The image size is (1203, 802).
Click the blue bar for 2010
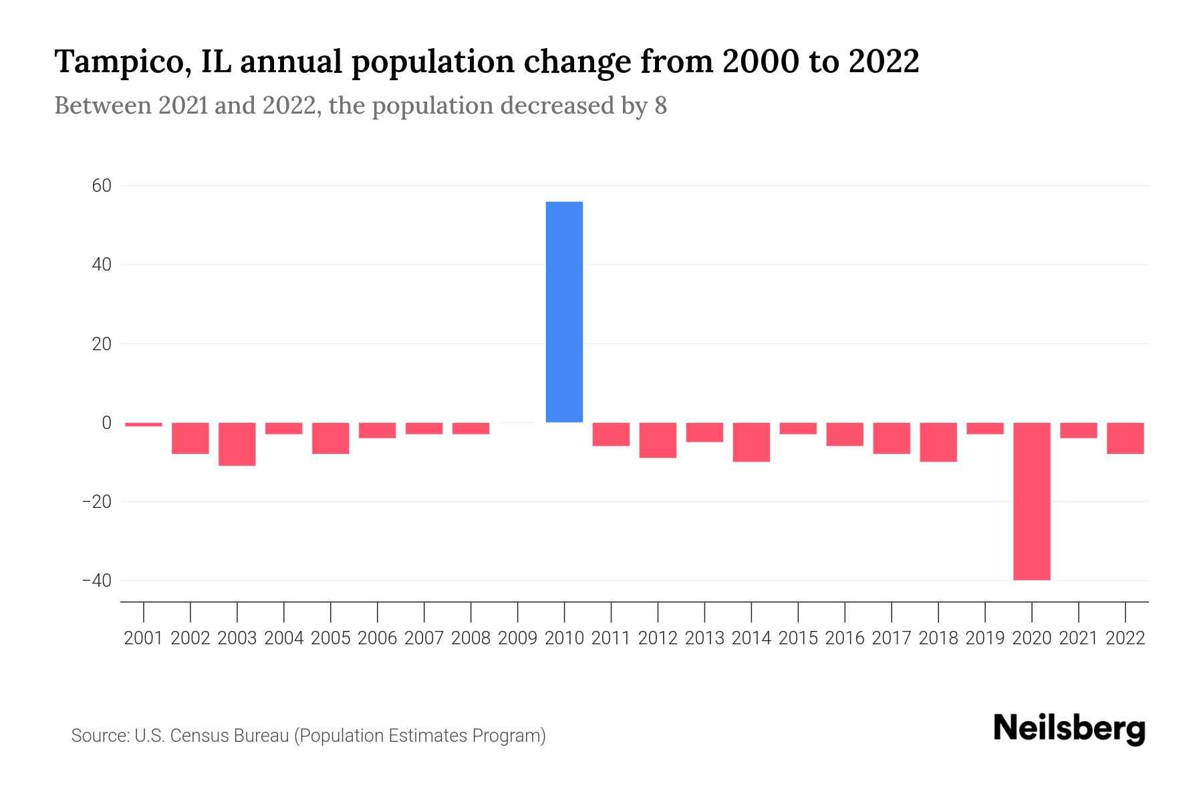564,311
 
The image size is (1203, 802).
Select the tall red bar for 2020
1031,501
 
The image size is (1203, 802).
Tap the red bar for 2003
237,444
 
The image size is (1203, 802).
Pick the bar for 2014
751,442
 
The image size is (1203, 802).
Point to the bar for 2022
1125,438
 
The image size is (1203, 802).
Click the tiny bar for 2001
144,424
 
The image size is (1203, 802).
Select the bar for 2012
658,440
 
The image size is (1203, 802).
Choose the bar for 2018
938,442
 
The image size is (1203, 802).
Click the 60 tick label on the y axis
102,186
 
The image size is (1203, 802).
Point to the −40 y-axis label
97,580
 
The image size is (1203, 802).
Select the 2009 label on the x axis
517,638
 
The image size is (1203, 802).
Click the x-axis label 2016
845,638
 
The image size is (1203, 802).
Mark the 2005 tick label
331,638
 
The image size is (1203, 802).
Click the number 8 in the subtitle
660,106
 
